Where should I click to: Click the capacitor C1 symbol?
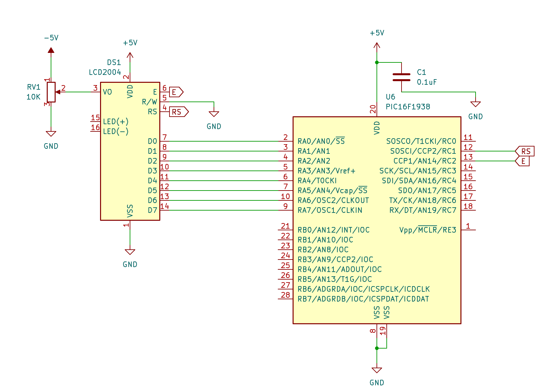[x=402, y=77]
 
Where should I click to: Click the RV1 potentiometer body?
[x=51, y=92]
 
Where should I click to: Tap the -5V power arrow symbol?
[x=51, y=50]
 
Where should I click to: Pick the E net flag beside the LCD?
[x=176, y=92]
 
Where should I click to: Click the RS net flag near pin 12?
[x=525, y=151]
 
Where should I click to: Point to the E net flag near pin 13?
[x=522, y=161]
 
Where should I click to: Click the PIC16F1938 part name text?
[x=408, y=107]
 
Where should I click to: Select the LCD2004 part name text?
[x=105, y=72]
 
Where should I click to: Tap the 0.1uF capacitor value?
[x=427, y=82]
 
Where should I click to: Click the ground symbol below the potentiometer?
[x=51, y=134]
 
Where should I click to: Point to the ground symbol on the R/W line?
[x=214, y=114]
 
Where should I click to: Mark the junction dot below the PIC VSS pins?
[x=377, y=348]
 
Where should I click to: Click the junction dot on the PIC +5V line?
[x=377, y=62]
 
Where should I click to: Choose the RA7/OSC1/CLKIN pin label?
[x=330, y=210]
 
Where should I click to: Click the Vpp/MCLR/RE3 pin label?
[x=428, y=230]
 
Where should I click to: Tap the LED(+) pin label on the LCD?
[x=116, y=122]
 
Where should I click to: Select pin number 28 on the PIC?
[x=285, y=295]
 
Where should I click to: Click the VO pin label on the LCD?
[x=107, y=92]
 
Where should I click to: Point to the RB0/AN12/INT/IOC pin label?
[x=334, y=230]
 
